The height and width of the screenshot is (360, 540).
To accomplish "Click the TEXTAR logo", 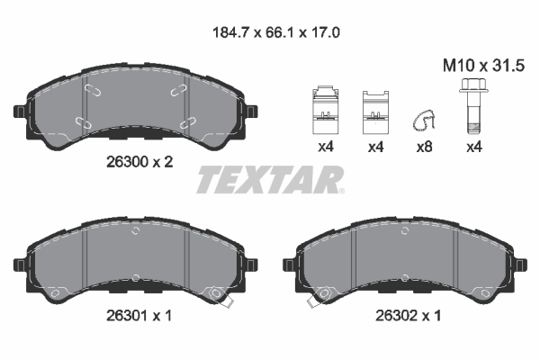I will coord(270,180).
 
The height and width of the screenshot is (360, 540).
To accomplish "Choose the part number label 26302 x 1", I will coord(406,316).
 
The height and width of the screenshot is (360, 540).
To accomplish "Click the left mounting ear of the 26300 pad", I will coord(20,112).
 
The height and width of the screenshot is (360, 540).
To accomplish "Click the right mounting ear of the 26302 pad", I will coord(518,265).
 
